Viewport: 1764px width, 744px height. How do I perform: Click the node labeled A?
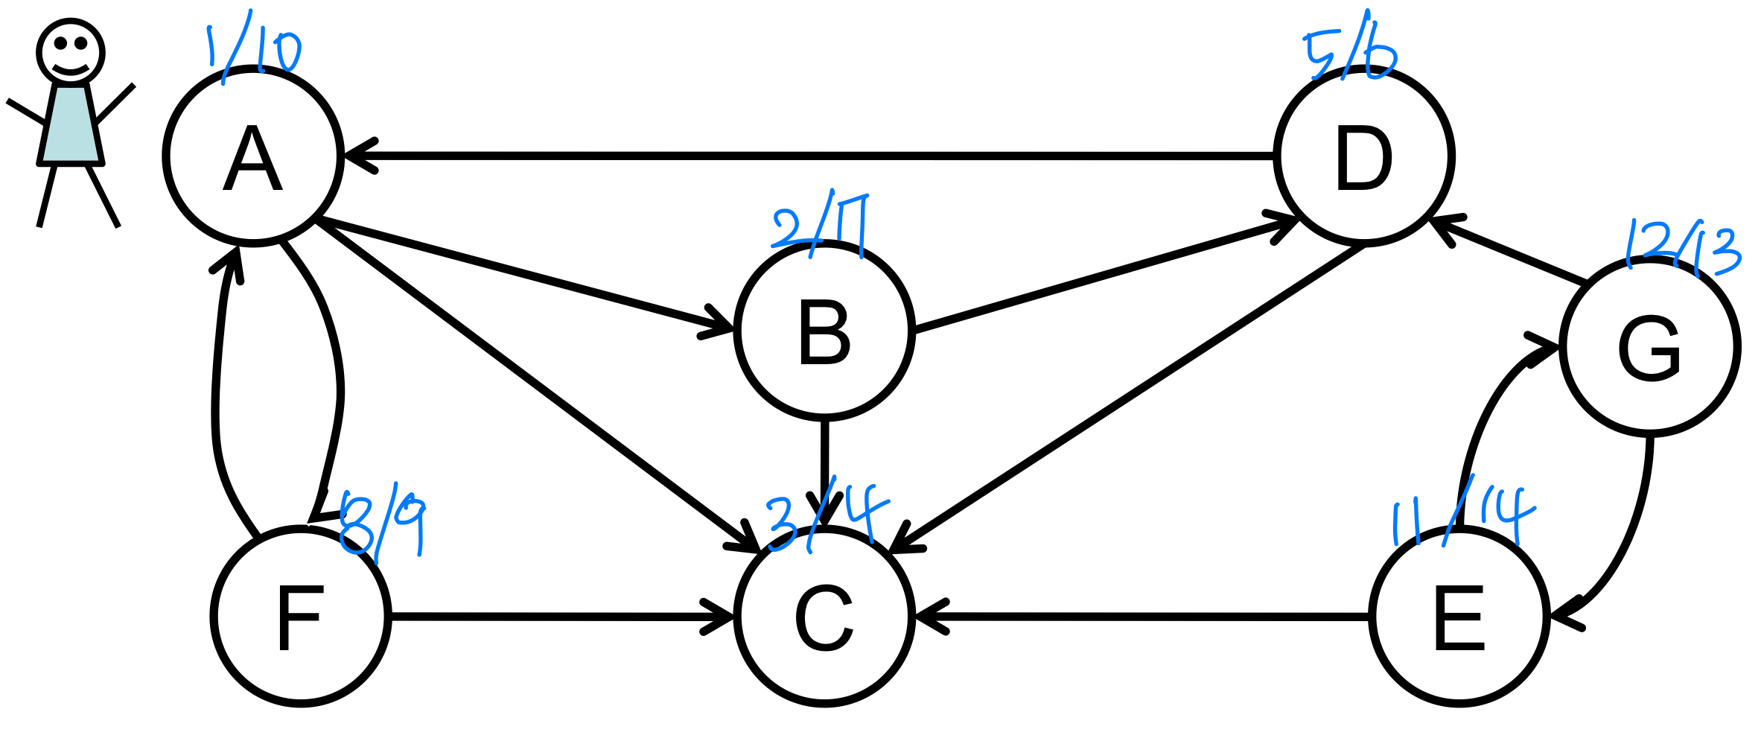pos(253,156)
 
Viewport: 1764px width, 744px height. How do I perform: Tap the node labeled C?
pos(824,617)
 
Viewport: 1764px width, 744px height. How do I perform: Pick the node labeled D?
pos(1364,156)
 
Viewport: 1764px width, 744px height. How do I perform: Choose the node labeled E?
pos(1459,617)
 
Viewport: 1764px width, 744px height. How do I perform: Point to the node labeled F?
pos(301,617)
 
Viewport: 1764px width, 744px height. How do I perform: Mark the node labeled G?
pos(1650,346)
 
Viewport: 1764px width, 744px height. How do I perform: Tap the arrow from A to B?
pos(521,275)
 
